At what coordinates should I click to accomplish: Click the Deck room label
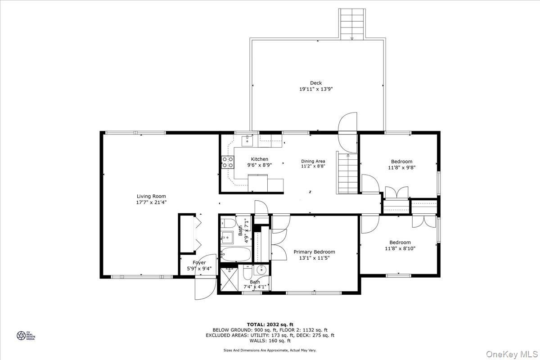(x=316, y=83)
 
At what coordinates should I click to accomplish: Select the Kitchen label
(x=260, y=159)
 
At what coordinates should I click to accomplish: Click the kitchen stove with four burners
(x=227, y=162)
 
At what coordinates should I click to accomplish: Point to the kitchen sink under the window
(x=247, y=141)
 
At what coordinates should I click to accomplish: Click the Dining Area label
(x=313, y=161)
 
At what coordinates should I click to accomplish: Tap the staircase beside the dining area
(x=347, y=173)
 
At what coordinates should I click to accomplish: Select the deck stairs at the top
(x=352, y=24)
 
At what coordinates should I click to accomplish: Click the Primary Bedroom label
(x=314, y=252)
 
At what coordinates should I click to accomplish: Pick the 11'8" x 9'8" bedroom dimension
(x=401, y=168)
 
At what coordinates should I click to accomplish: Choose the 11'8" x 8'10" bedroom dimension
(x=400, y=248)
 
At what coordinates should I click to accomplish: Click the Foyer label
(x=199, y=263)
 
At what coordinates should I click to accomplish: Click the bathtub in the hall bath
(x=236, y=254)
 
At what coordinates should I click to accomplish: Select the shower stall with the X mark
(x=230, y=281)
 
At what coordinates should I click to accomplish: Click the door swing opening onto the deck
(x=347, y=128)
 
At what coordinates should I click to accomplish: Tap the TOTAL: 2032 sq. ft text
(x=270, y=324)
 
